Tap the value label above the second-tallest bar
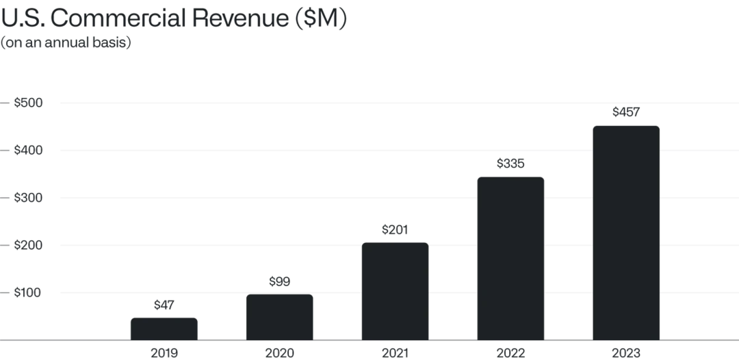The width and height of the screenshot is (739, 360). [x=510, y=164]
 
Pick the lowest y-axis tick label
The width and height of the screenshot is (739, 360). [x=26, y=293]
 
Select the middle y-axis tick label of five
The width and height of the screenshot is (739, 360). [x=26, y=198]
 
